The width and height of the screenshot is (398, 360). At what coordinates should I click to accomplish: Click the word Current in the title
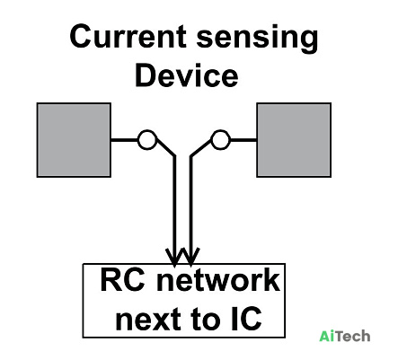tap(128, 37)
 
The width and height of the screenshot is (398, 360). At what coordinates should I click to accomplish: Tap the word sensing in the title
tap(257, 39)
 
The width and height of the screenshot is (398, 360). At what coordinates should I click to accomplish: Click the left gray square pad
tap(74, 140)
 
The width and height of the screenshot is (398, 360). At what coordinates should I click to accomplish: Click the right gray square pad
tap(294, 140)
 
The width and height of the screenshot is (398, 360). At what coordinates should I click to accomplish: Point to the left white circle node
tap(147, 140)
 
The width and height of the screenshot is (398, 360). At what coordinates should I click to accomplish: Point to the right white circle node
tap(220, 140)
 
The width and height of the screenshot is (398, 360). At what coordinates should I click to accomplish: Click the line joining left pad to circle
tap(124, 140)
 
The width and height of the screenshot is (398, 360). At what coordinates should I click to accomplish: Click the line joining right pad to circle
tap(243, 140)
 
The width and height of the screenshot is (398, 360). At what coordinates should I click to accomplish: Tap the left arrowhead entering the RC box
tap(174, 257)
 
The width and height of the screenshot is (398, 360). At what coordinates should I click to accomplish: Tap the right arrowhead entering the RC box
tap(190, 257)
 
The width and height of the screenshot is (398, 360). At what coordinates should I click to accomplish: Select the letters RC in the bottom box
tap(122, 280)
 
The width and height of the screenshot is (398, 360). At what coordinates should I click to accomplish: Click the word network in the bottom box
tap(218, 280)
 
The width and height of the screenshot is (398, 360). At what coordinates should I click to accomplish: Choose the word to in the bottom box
tap(204, 319)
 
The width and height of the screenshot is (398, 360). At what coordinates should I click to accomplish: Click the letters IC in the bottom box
tap(246, 318)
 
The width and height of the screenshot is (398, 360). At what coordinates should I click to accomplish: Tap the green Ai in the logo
tap(325, 336)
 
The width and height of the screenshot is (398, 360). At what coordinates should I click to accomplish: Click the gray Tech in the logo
tap(351, 336)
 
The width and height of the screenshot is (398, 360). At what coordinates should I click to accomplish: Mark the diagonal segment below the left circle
tap(165, 147)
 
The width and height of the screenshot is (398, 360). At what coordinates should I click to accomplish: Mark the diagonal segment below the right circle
tap(201, 147)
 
